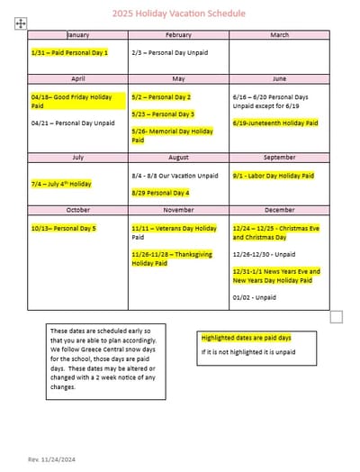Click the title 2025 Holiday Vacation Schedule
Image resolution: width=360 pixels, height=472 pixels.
coord(179,14)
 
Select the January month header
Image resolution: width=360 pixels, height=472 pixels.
coord(78,35)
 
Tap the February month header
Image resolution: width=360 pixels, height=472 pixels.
coord(178,35)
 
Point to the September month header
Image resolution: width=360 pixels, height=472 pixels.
coord(279,158)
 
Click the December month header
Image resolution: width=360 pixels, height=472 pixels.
coord(279,210)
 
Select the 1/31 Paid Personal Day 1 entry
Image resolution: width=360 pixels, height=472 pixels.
coord(69,53)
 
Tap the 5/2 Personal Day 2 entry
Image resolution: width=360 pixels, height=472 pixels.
coord(161,96)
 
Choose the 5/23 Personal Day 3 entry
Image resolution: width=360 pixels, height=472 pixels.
coord(163,114)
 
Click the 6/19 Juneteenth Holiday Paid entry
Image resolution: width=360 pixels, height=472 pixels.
coord(275,123)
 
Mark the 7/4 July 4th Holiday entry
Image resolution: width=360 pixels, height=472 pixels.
coord(61,184)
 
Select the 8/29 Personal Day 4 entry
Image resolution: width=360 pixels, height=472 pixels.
coord(160,193)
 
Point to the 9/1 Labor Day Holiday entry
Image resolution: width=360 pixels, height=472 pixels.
coord(274,176)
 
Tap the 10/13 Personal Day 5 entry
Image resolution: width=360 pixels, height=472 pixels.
coord(64,228)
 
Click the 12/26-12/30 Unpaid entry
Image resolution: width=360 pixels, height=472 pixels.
coord(264,254)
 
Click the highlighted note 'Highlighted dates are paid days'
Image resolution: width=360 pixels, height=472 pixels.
coord(247,338)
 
